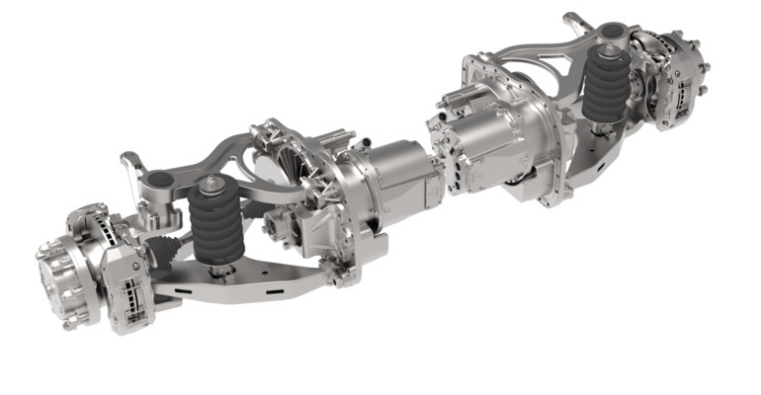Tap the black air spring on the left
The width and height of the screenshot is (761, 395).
(215, 226)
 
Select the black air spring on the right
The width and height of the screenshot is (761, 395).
(604, 89)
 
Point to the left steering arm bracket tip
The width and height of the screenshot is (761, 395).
(127, 158)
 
